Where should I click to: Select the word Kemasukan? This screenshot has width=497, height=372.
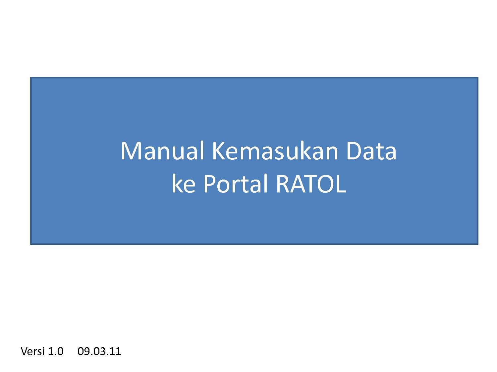tap(275, 151)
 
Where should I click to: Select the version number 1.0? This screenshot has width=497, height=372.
tap(56, 351)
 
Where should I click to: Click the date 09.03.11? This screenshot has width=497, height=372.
tap(99, 351)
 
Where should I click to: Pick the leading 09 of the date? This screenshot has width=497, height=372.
tap(83, 351)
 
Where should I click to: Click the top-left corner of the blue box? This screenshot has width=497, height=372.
tap(30, 77)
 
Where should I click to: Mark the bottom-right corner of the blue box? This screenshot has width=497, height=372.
tap(478, 244)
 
